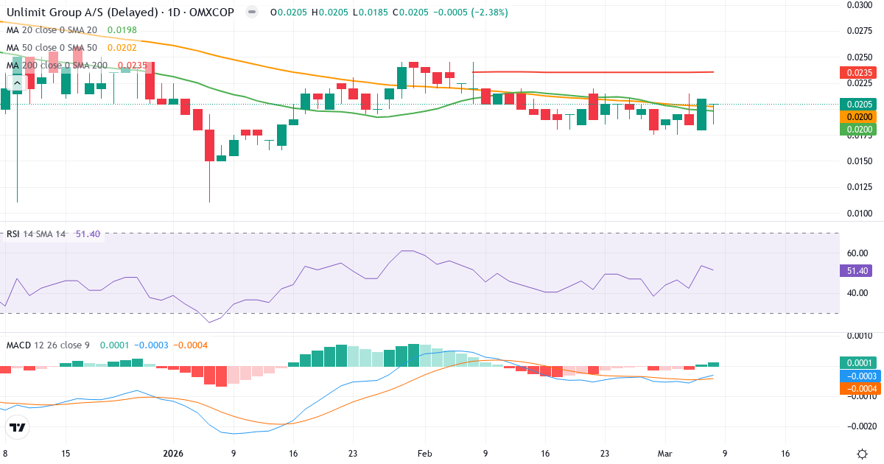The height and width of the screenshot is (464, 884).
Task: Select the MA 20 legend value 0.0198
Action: click(x=122, y=30)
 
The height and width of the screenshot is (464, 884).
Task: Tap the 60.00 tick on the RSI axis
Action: click(x=857, y=253)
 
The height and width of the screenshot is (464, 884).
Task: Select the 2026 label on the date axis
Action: click(x=173, y=454)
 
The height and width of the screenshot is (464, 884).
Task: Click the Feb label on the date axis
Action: click(x=424, y=454)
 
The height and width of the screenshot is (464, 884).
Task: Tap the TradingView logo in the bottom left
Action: click(x=18, y=427)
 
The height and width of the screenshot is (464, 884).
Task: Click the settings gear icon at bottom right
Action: click(x=862, y=454)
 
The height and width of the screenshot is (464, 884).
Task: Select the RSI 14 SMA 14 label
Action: click(x=36, y=234)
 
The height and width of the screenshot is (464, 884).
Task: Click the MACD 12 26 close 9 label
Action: click(x=49, y=345)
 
